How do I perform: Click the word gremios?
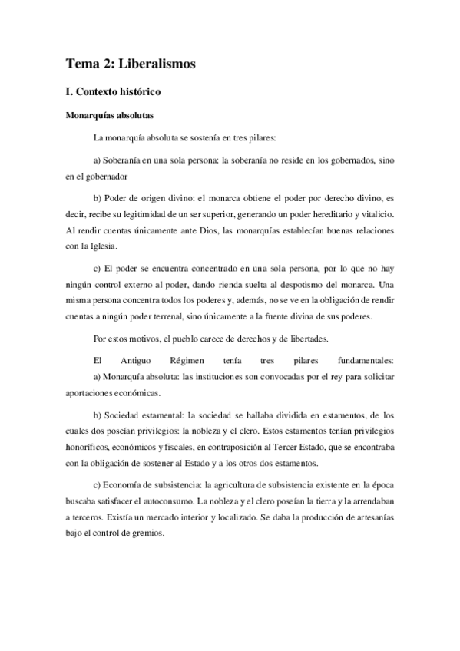pos(147,540)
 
